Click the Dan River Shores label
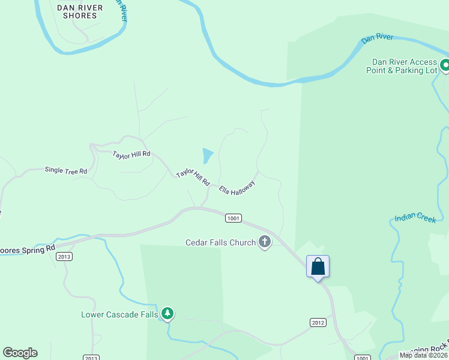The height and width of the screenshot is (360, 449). pos(79,11)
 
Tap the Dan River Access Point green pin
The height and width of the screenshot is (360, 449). pos(445,65)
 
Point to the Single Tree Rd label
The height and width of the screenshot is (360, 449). pos(66,170)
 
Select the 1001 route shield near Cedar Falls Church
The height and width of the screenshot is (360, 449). pos(234,218)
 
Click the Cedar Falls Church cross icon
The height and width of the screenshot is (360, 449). pos(264,242)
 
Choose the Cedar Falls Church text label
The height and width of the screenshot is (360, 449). pos(220,243)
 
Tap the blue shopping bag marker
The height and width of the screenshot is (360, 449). pos(318,267)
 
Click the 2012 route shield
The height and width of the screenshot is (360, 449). pos(318,323)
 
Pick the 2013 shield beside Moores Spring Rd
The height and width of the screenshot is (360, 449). pos(64,256)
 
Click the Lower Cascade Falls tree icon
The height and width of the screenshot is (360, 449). pos(168,313)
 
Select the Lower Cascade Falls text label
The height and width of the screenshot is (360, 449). pos(119,314)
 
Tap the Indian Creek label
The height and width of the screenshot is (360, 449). pos(415,218)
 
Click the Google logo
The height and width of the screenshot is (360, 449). pos(20,353)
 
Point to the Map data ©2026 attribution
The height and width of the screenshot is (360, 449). pos(424,355)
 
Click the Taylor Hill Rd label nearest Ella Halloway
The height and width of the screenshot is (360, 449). pos(193,177)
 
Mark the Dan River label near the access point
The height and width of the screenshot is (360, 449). pos(377,38)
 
